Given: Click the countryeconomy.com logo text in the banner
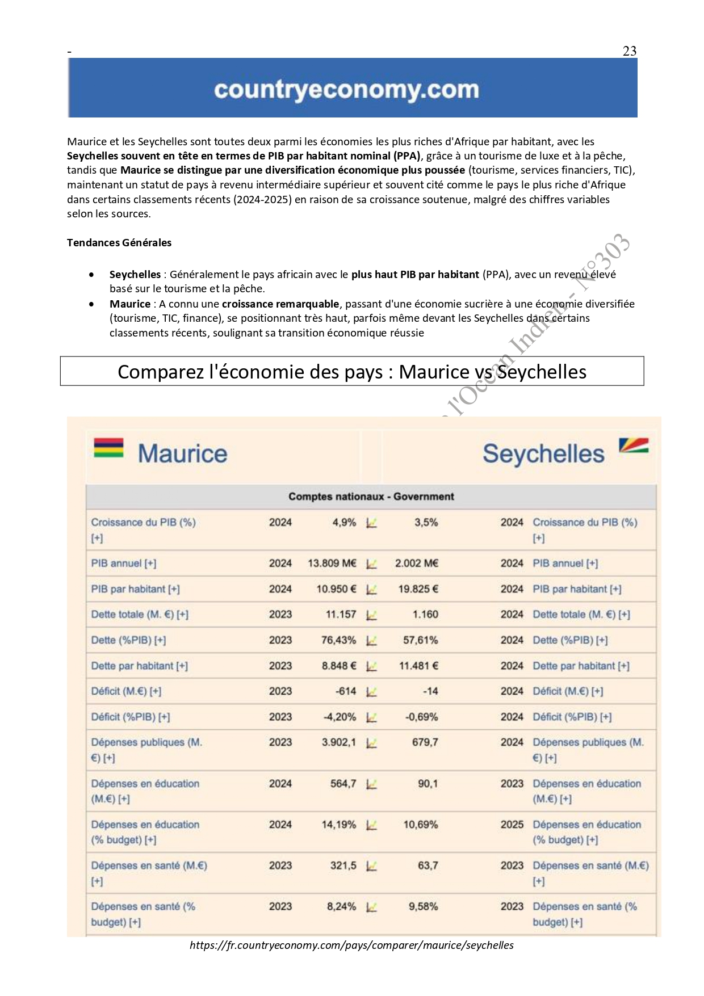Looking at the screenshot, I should (x=346, y=90).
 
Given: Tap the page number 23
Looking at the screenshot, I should (x=630, y=51).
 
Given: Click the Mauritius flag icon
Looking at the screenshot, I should (x=108, y=448).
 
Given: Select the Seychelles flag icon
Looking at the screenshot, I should (x=633, y=447).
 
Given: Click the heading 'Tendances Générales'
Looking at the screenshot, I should (x=119, y=243).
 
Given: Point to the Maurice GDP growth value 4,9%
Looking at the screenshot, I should (x=344, y=523).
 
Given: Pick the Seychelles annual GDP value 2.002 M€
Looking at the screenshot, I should (x=417, y=564).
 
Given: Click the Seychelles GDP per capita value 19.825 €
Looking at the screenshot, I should (x=418, y=589).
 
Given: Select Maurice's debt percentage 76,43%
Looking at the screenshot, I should (x=338, y=640).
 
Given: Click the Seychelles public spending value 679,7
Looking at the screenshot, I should (x=425, y=742).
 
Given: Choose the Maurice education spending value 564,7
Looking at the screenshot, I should (x=343, y=784).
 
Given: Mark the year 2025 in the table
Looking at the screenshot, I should (x=512, y=825).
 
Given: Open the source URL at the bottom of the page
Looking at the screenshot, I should (x=351, y=945).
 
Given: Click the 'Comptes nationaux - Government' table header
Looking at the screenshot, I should (x=371, y=497).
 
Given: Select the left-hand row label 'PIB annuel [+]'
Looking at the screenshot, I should (x=124, y=564).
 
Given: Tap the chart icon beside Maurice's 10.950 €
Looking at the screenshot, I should (x=371, y=590).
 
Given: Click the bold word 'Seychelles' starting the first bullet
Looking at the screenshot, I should (x=135, y=275).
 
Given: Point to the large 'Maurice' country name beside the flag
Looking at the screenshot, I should (x=182, y=453).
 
